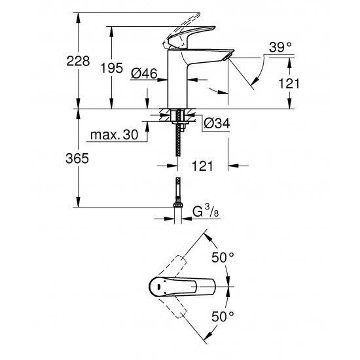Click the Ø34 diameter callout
coord(215,122)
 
